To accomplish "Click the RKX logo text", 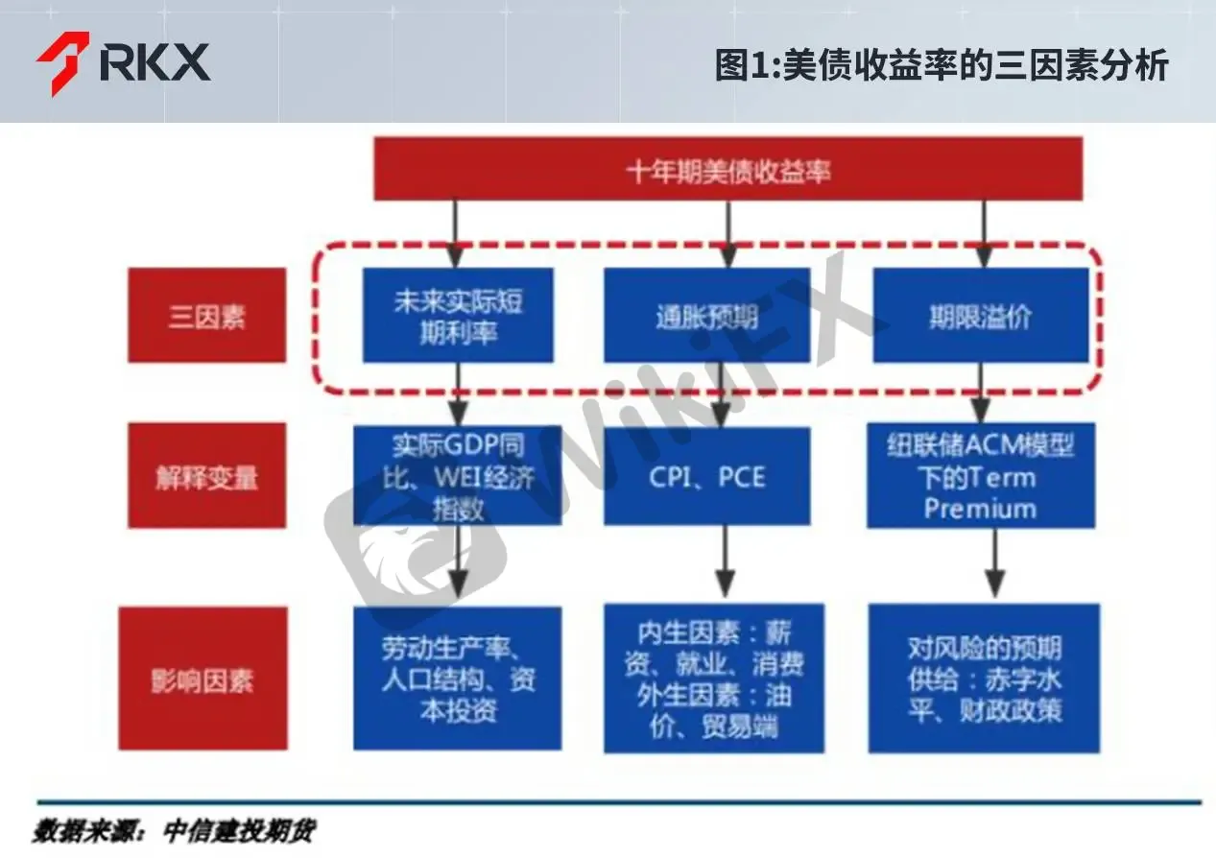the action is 155,61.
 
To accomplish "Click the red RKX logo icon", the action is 64,63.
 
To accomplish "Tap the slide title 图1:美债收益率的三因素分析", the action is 941,65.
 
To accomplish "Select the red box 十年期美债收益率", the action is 728,169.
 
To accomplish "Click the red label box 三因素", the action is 207,315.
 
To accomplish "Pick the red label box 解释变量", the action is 207,475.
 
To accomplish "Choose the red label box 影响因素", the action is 203,679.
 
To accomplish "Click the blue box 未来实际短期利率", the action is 458,315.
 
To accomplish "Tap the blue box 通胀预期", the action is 706,315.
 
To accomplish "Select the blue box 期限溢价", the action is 981,315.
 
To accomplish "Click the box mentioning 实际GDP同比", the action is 458,475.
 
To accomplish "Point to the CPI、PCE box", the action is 706,476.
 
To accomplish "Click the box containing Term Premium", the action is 981,475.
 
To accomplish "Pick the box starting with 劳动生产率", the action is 458,679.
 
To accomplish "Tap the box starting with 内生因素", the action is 714,679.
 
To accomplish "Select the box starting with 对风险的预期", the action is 984,679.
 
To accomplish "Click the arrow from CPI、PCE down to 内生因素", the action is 726,561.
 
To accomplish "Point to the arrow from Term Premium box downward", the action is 994,562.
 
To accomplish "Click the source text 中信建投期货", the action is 239,830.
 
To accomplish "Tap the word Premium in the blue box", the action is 981,509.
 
